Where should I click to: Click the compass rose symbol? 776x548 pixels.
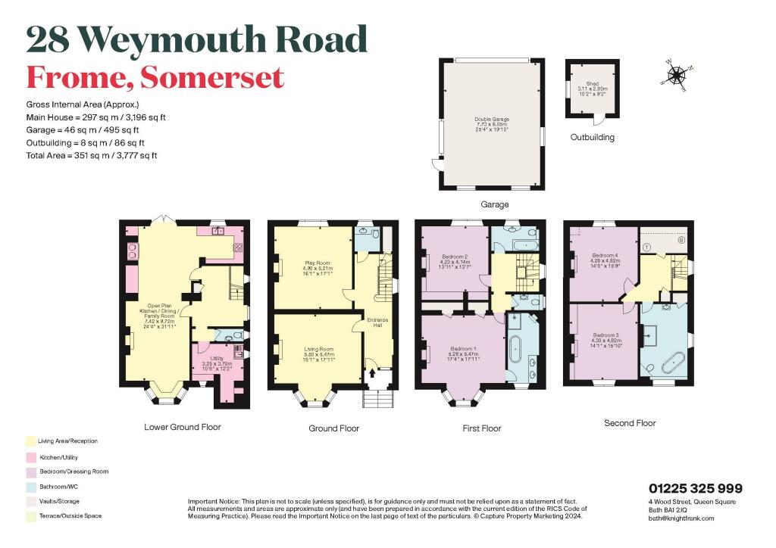[x=677, y=74]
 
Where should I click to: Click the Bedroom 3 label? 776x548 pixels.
[x=605, y=338]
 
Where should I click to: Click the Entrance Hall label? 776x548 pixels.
[x=377, y=322]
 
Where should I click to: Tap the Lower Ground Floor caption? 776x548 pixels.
[x=183, y=427]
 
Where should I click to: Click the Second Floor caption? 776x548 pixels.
[x=630, y=423]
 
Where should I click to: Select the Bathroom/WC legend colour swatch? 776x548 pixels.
[x=30, y=486]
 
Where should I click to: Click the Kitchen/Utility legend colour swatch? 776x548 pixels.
[x=30, y=457]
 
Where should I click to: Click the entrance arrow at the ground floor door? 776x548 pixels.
[x=372, y=373]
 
